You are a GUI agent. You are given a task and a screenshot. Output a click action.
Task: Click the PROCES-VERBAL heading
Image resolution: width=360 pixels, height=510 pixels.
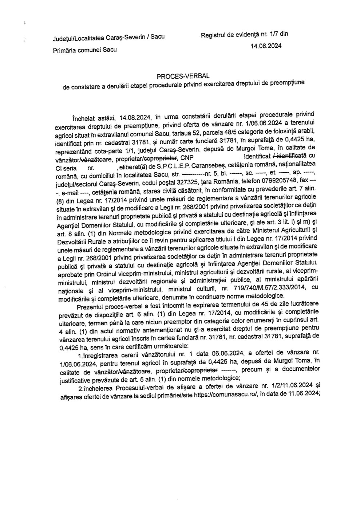pos(183,76)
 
